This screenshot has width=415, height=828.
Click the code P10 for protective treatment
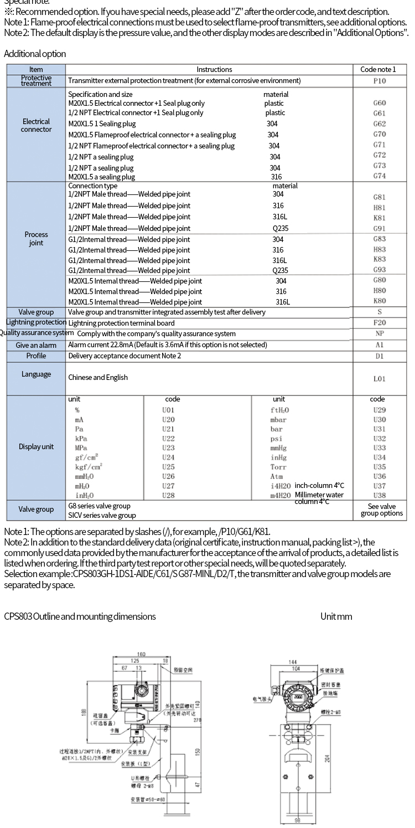click(x=380, y=81)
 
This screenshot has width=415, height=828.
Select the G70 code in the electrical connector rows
click(x=380, y=134)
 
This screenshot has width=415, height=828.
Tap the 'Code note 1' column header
click(x=378, y=69)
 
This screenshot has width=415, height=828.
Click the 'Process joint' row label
click(x=36, y=239)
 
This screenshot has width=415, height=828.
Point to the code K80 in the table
click(x=380, y=301)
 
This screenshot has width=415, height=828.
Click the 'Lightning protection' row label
click(x=36, y=322)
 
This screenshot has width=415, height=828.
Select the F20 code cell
click(x=380, y=323)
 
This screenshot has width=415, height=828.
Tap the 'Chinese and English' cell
click(x=98, y=377)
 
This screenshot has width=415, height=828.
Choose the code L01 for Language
click(x=380, y=379)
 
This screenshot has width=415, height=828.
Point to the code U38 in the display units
click(x=380, y=496)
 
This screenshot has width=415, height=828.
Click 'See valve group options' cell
click(x=381, y=510)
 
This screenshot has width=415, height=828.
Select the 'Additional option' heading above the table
click(x=35, y=54)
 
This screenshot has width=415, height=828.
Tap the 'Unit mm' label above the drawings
click(x=336, y=616)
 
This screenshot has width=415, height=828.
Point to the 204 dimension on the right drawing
click(x=327, y=757)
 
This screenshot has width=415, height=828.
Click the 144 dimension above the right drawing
click(x=293, y=662)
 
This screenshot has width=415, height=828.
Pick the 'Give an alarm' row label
click(x=36, y=345)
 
